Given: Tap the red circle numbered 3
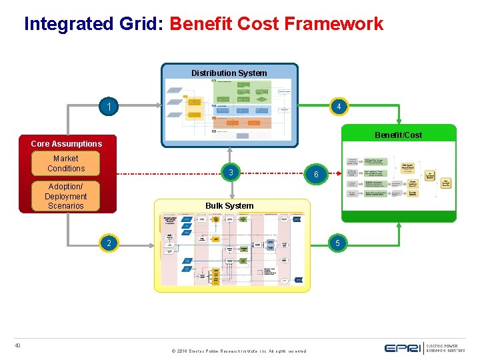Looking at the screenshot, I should pos(230,173).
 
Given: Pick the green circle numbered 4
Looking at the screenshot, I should pos(339,107).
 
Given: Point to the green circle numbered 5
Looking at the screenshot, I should pos(337,243).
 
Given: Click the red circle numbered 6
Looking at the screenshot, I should pos(317,174).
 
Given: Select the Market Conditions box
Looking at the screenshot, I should pos(65,163).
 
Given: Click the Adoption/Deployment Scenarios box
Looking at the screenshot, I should pos(65,197).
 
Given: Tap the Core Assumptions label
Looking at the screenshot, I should pos(67,143).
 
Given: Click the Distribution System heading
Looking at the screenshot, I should pos(229,73).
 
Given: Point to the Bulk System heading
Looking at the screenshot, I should pos(229,205).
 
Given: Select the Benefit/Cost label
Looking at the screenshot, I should pos(398,135).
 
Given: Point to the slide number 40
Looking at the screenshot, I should pos(18,345).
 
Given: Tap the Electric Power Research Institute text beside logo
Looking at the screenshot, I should pos(442,348).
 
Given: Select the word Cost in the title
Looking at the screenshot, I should pos(260,24).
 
